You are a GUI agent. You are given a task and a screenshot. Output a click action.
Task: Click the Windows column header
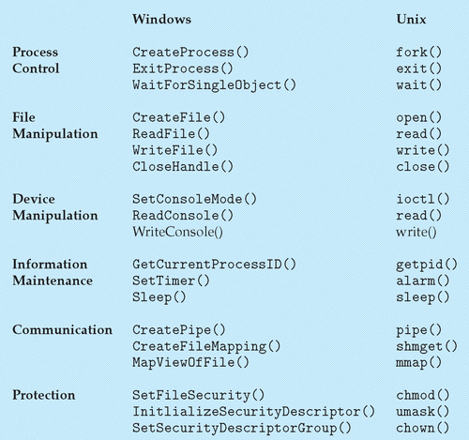click(161, 19)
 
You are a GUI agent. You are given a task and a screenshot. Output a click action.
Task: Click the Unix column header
click(411, 20)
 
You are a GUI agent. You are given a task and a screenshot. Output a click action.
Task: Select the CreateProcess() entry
click(190, 53)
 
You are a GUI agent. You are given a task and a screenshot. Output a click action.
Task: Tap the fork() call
click(419, 53)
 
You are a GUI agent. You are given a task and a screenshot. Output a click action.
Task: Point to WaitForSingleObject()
click(214, 85)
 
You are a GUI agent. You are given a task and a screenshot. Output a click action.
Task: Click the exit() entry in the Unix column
click(419, 68)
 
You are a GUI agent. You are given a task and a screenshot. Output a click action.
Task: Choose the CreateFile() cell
click(178, 117)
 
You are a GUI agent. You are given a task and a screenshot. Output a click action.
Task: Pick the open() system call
click(419, 118)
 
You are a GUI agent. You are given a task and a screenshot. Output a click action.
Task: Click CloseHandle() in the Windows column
click(183, 167)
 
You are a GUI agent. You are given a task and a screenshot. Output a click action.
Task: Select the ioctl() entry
click(423, 199)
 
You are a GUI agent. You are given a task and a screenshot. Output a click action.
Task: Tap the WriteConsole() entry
click(177, 232)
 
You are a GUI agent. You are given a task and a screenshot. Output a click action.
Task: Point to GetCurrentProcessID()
click(214, 265)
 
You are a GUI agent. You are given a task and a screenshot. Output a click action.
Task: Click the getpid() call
click(427, 266)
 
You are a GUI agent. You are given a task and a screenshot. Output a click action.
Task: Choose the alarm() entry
click(423, 281)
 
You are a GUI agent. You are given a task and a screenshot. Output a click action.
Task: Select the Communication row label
click(62, 330)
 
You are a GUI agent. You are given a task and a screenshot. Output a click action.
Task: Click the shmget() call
click(427, 347)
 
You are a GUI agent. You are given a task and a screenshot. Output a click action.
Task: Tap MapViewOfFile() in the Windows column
click(190, 363)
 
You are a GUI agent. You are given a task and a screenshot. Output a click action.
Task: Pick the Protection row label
click(44, 395)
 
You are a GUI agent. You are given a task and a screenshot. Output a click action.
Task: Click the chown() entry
click(423, 428)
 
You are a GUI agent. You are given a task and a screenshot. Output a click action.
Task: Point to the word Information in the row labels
click(50, 265)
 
